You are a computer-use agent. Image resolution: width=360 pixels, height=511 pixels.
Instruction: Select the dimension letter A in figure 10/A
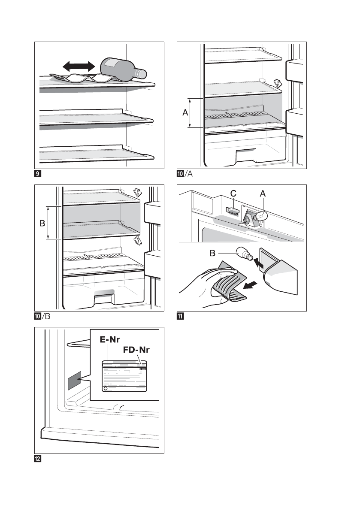185,112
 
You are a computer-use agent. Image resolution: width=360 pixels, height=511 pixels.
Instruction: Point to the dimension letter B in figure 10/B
42,223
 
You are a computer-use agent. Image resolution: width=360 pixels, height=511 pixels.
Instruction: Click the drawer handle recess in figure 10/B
103,293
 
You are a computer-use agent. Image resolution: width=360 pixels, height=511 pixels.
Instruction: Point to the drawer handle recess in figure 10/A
245,152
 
